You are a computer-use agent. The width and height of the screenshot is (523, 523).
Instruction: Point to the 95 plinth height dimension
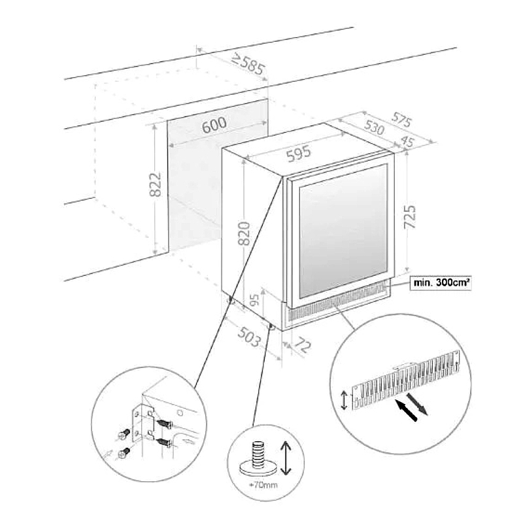pos(256,301)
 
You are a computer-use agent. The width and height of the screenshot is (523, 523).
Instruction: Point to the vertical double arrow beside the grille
pos(345,399)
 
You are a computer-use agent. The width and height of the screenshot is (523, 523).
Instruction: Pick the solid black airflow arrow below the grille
pos(407,412)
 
